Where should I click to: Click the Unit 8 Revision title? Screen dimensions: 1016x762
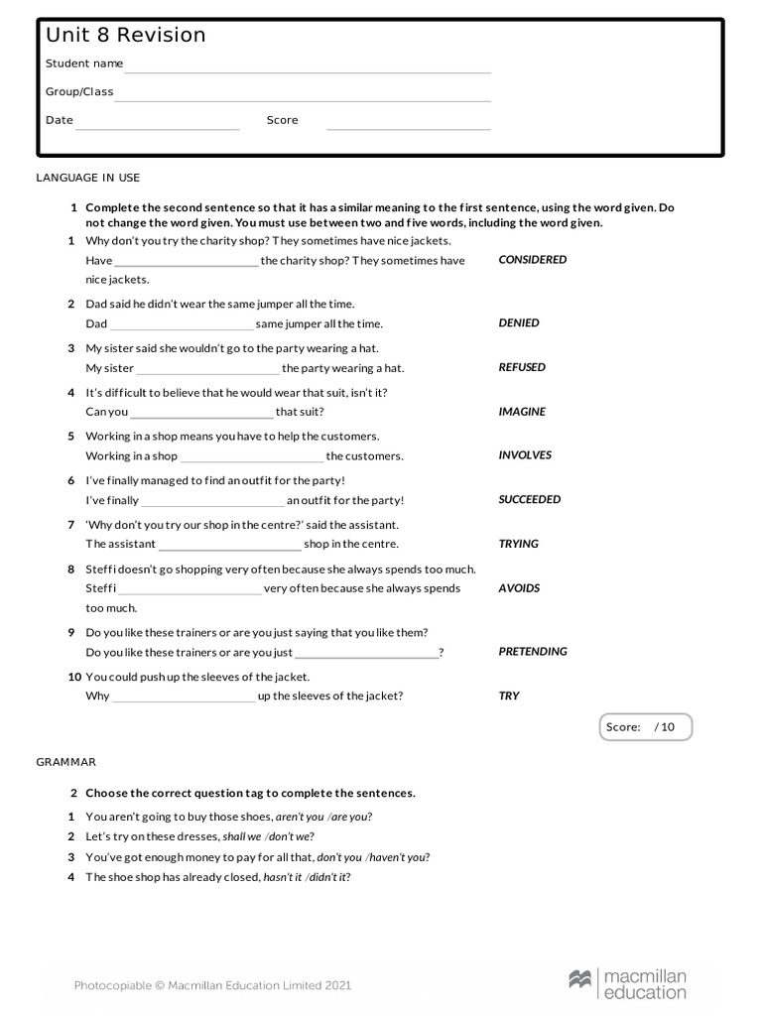click(x=126, y=36)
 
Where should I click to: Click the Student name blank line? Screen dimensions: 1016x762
click(x=308, y=69)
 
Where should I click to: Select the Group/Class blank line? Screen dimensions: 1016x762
click(x=303, y=98)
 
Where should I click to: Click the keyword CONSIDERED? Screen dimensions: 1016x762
click(x=533, y=260)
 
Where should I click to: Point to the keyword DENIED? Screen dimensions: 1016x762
click(x=519, y=323)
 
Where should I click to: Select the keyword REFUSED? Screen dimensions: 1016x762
click(x=522, y=367)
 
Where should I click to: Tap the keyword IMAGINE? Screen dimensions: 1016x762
click(x=522, y=412)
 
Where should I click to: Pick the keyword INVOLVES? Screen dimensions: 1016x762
click(x=525, y=455)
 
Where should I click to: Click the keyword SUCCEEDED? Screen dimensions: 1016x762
click(x=530, y=500)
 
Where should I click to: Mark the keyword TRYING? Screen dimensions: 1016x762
click(x=518, y=544)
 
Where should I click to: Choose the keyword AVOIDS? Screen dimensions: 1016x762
click(x=519, y=588)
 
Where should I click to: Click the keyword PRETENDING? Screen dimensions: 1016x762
click(x=533, y=652)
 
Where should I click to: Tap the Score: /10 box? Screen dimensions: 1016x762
click(x=645, y=727)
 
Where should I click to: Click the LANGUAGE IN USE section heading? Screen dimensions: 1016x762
click(x=88, y=178)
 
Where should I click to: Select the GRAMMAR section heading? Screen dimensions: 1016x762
click(x=66, y=762)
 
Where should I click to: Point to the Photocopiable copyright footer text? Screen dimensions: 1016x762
click(x=212, y=985)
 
